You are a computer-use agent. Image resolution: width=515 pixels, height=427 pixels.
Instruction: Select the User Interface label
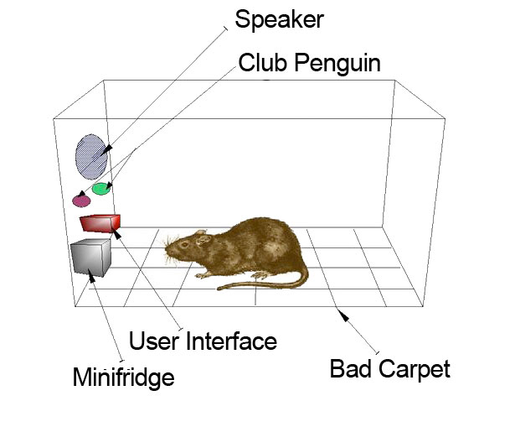tap(202, 341)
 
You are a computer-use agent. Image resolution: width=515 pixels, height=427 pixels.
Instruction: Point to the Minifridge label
tap(123, 377)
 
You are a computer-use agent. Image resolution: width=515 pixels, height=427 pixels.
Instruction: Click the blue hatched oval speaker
tap(90, 156)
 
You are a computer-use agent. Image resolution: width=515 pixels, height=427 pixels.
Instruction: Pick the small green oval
tap(101, 188)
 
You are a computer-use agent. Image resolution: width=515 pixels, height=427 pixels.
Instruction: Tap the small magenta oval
tap(81, 200)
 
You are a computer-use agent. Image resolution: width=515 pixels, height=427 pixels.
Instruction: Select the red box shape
tap(100, 222)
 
